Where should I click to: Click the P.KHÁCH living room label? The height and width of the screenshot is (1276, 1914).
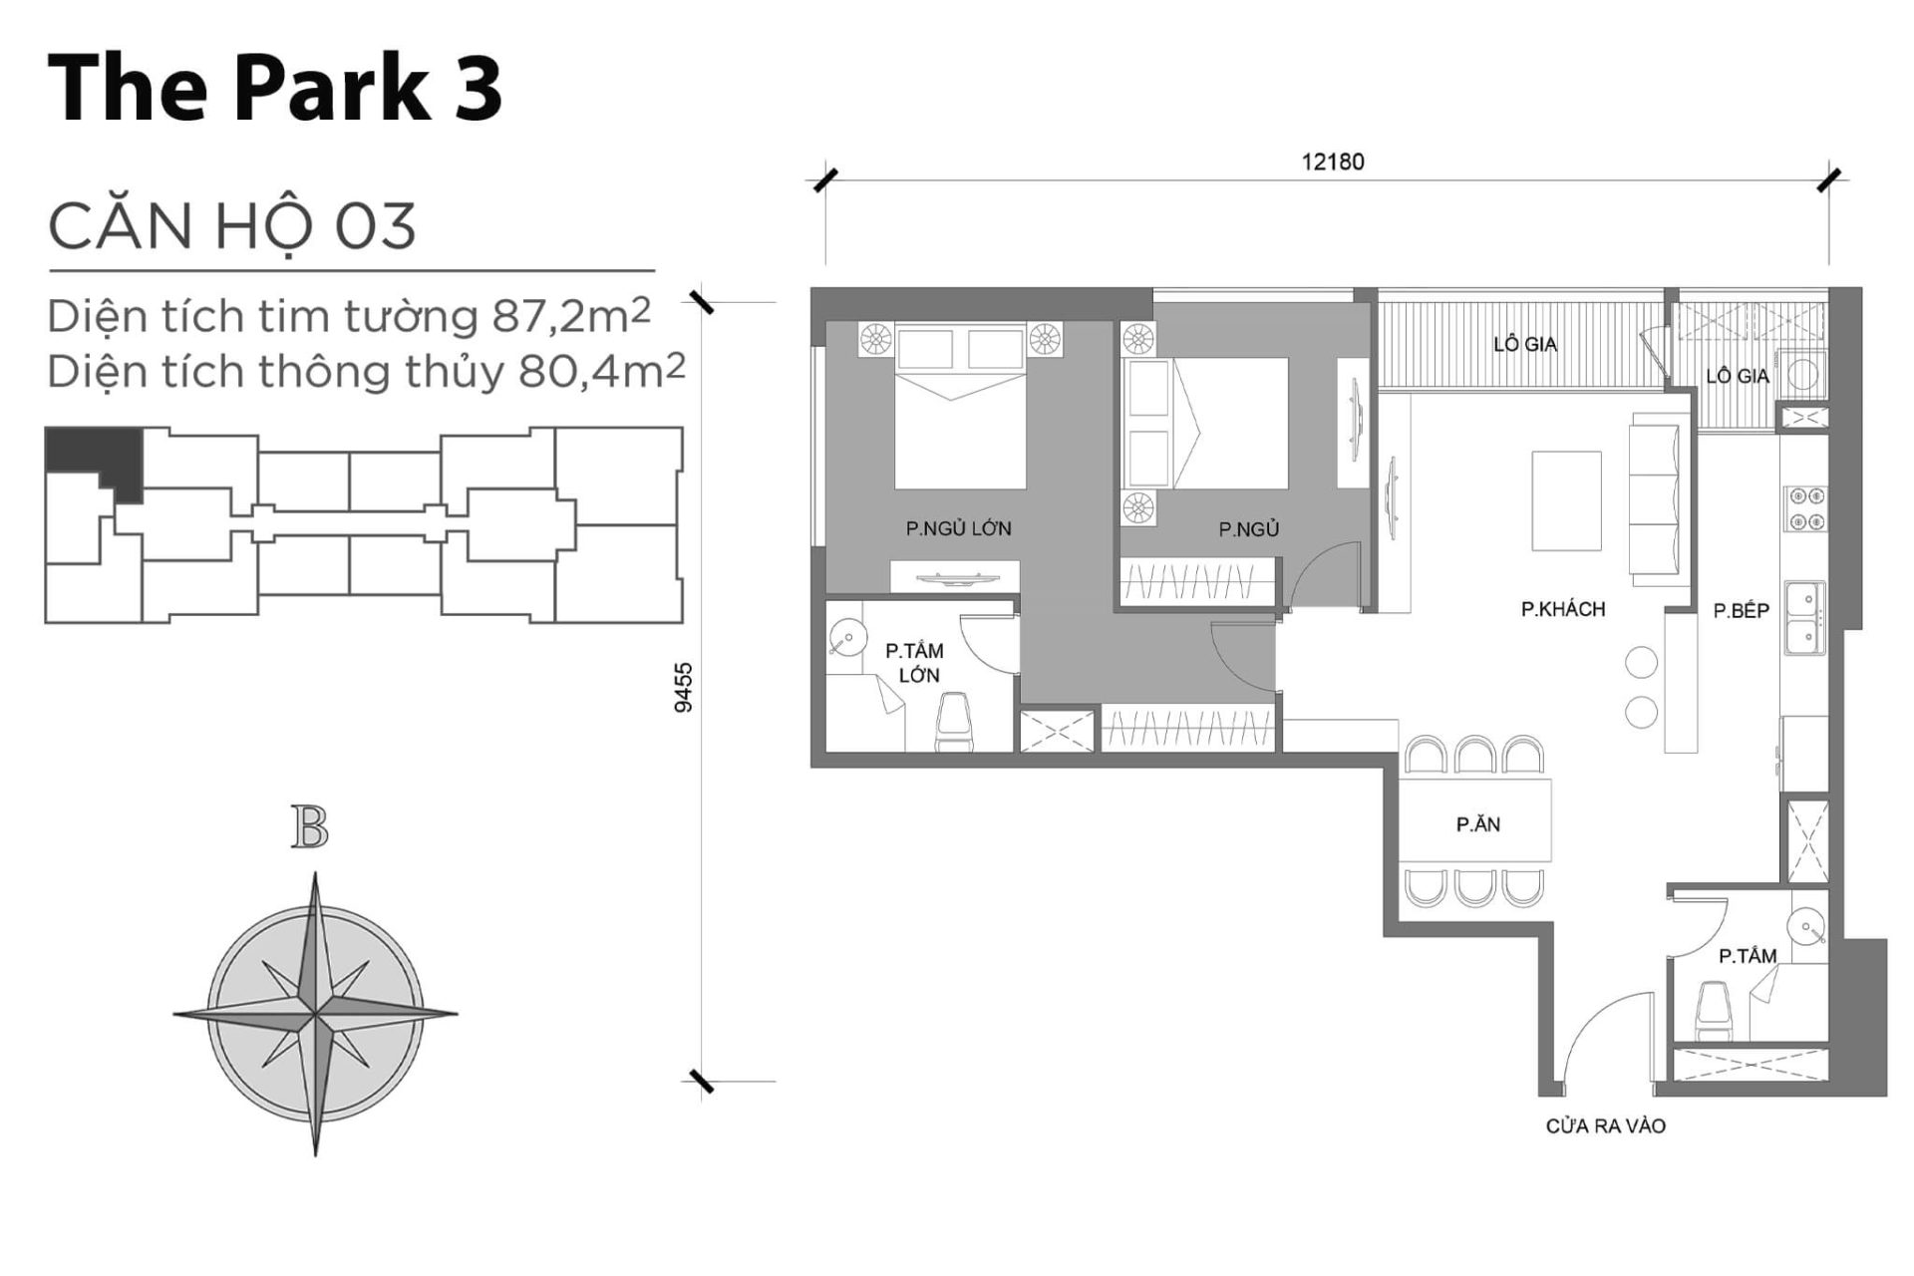click(1562, 609)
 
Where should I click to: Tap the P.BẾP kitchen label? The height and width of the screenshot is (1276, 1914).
click(1741, 611)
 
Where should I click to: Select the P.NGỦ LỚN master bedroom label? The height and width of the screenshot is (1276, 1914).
click(958, 528)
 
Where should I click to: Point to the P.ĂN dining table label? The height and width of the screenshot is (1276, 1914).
click(1477, 824)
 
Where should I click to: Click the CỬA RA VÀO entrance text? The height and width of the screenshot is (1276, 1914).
click(1605, 1125)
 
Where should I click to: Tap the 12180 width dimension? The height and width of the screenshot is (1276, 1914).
click(1332, 161)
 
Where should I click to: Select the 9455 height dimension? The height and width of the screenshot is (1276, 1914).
click(684, 687)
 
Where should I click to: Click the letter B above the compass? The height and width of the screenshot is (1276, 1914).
click(310, 827)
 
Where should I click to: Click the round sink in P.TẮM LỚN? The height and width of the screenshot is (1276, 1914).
click(847, 638)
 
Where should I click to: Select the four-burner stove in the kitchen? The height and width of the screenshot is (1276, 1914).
click(1804, 508)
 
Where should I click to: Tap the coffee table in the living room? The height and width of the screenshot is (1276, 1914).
click(1566, 500)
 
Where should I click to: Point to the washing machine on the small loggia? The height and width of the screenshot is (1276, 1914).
click(1803, 374)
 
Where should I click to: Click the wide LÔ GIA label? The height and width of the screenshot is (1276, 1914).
click(1524, 345)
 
